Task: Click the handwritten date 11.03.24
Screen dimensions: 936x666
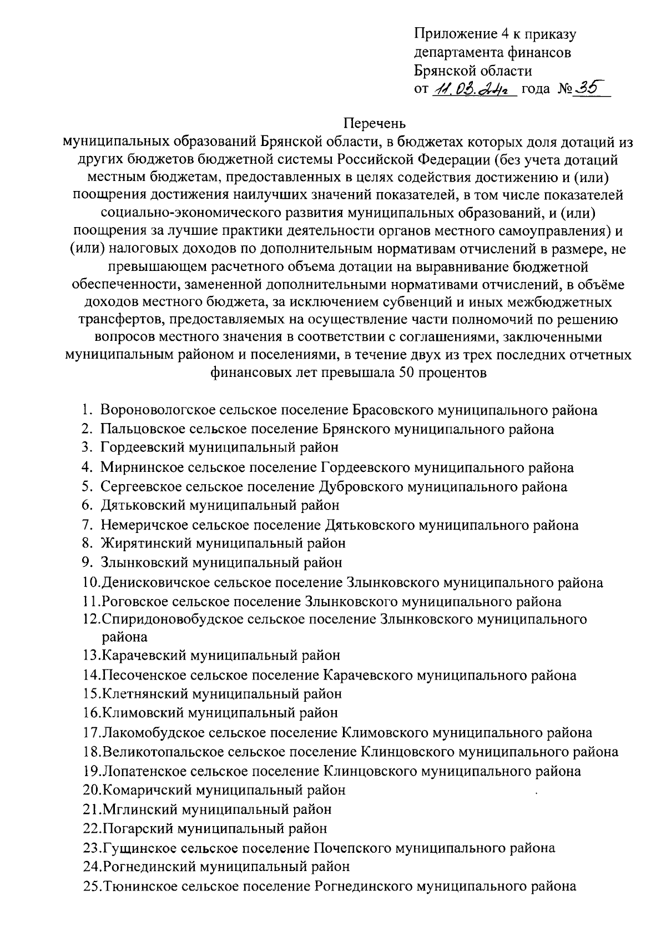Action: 473,89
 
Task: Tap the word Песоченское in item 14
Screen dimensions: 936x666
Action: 144,676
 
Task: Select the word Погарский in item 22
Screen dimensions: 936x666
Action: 136,829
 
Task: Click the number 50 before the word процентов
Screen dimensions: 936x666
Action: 407,373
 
